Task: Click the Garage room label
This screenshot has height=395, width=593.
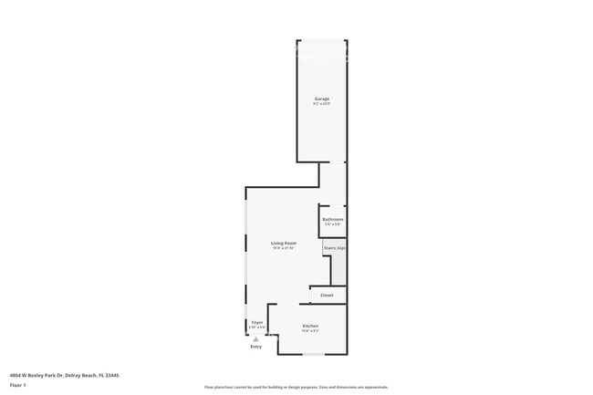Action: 322,98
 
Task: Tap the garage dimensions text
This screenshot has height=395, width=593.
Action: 322,103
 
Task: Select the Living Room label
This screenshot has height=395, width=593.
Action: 284,243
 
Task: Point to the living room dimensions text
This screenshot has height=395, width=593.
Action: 284,248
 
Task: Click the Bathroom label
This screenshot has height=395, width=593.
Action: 333,219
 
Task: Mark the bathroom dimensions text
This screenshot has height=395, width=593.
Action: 333,224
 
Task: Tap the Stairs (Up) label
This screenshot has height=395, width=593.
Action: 335,247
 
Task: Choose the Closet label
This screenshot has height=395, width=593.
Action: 327,295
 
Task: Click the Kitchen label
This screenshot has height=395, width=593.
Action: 310,325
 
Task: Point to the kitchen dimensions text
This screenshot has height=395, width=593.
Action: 310,330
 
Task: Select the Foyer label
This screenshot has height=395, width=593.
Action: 257,323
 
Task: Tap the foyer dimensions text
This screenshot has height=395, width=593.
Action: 257,328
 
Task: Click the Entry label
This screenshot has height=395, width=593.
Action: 255,348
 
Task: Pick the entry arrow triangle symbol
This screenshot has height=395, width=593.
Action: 255,339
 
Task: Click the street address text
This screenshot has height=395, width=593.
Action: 65,375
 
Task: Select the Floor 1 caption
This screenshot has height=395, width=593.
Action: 18,386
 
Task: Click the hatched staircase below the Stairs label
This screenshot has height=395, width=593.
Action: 338,268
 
